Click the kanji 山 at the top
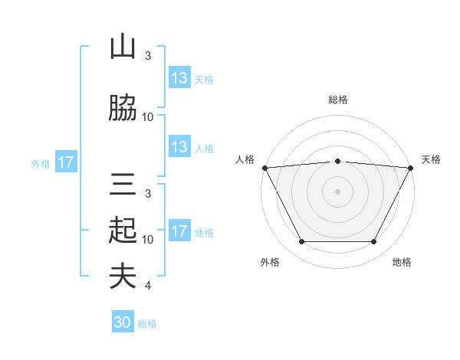click(123, 47)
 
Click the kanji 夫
click(123, 277)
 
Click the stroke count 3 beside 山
click(147, 56)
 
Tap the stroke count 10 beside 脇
click(148, 117)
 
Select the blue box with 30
click(123, 322)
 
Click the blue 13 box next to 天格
click(179, 78)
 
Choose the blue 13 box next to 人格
click(179, 147)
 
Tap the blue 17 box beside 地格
click(179, 231)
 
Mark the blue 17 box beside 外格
click(65, 162)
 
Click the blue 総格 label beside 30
click(147, 324)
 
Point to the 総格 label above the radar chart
click(337, 100)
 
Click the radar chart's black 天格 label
click(432, 159)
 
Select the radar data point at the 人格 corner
click(264, 167)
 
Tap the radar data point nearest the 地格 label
click(373, 242)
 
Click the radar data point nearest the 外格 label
click(301, 242)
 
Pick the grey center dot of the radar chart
click(337, 191)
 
